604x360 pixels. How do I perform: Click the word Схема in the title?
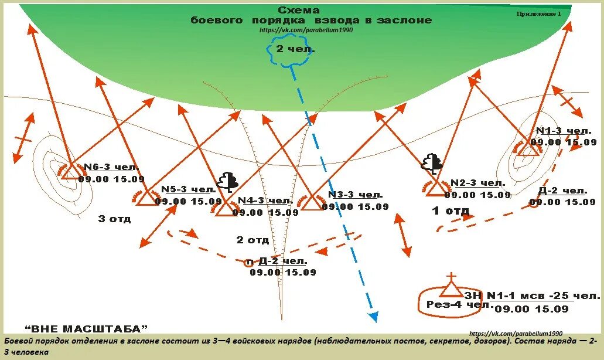coord(299,11)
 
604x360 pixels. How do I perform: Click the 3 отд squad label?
coord(114,219)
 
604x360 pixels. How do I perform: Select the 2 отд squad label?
coord(252,240)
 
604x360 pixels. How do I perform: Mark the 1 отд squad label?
coord(451,210)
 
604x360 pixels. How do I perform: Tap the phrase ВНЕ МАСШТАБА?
coord(86,328)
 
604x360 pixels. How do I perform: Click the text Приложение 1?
coord(538,13)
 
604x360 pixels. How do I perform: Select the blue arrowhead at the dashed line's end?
coord(373,317)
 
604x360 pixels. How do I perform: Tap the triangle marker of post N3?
coord(312,202)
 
